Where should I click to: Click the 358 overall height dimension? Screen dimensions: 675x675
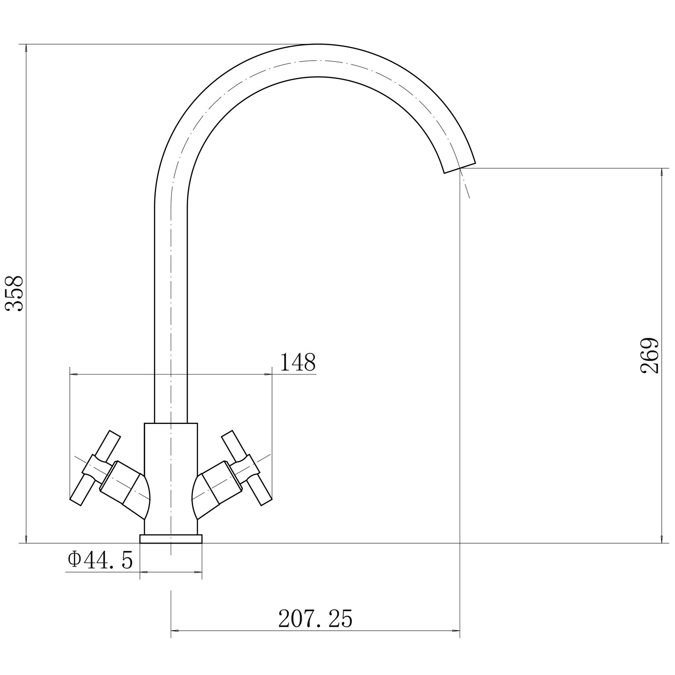(x=14, y=293)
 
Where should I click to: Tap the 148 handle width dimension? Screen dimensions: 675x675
(x=298, y=362)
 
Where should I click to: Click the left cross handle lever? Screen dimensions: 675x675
(x=95, y=468)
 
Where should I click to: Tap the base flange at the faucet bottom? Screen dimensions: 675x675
(x=171, y=539)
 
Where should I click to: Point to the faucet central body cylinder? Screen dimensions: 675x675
(x=171, y=478)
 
